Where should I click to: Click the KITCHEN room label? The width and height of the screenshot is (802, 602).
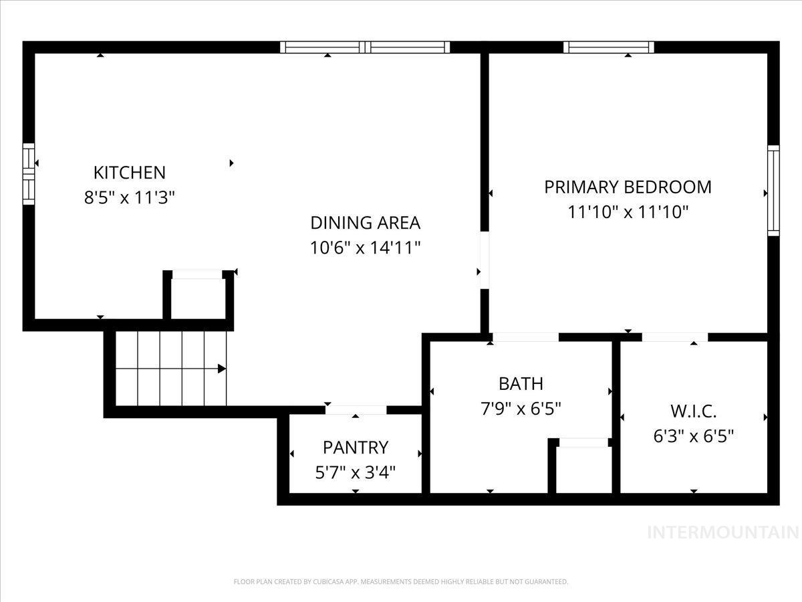pyautogui.click(x=129, y=172)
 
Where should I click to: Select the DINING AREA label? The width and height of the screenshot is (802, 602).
pyautogui.click(x=365, y=222)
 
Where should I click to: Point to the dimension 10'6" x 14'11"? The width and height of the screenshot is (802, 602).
pyautogui.click(x=365, y=247)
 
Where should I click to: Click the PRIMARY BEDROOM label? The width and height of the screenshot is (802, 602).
pyautogui.click(x=628, y=187)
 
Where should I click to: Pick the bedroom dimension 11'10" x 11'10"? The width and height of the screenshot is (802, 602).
pyautogui.click(x=628, y=212)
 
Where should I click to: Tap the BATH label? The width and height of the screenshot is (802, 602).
pyautogui.click(x=521, y=383)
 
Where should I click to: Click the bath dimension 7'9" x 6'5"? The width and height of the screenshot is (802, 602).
pyautogui.click(x=521, y=408)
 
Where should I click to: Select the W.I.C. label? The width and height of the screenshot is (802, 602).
pyautogui.click(x=693, y=411)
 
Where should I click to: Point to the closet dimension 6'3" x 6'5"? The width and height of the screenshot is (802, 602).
pyautogui.click(x=693, y=436)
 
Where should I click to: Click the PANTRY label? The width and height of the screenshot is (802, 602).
pyautogui.click(x=355, y=447)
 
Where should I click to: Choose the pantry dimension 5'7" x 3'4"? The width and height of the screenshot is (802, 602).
pyautogui.click(x=355, y=472)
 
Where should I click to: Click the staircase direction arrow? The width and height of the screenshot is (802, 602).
pyautogui.click(x=221, y=369)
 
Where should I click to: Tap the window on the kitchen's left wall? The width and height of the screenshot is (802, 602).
pyautogui.click(x=28, y=173)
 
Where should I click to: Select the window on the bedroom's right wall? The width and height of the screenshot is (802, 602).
pyautogui.click(x=773, y=190)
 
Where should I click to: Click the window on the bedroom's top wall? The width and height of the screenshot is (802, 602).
pyautogui.click(x=608, y=47)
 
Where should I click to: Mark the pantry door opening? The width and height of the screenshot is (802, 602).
pyautogui.click(x=356, y=410)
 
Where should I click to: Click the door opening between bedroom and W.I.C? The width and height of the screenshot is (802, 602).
pyautogui.click(x=675, y=337)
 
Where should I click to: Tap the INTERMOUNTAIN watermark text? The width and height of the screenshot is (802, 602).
pyautogui.click(x=723, y=532)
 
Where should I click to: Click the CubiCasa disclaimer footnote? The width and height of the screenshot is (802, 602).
pyautogui.click(x=401, y=582)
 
